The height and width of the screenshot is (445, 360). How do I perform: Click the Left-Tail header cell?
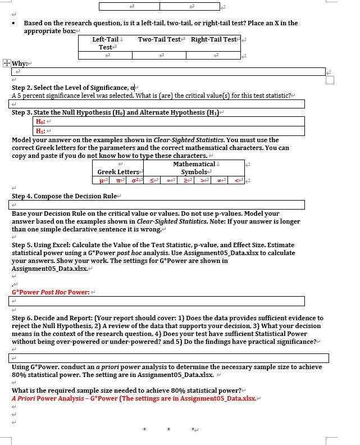pyautogui.click(x=106, y=43)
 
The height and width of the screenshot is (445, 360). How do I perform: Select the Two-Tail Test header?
pyautogui.click(x=160, y=39)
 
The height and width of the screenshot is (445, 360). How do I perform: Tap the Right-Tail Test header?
pyautogui.click(x=213, y=39)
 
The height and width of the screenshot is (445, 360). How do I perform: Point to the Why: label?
pyautogui.click(x=20, y=63)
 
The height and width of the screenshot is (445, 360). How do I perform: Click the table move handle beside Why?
pyautogui.click(x=6, y=63)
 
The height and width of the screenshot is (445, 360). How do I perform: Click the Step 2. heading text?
pyautogui.click(x=70, y=88)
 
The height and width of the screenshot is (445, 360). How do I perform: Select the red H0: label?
pyautogui.click(x=40, y=121)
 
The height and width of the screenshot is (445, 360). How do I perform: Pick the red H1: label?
pyautogui.click(x=40, y=131)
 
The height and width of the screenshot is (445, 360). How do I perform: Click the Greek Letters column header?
pyautogui.click(x=119, y=171)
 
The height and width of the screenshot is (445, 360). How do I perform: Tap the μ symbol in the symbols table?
pyautogui.click(x=102, y=180)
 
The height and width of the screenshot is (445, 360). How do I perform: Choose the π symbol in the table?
pyautogui.click(x=119, y=180)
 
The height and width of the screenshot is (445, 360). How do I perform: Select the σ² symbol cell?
pyautogui.click(x=135, y=180)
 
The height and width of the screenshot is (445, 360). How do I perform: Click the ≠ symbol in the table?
pyautogui.click(x=220, y=180)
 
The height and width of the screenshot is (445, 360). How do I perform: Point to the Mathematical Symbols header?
pyautogui.click(x=194, y=167)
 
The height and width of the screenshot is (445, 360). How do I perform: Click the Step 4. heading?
pyautogui.click(x=64, y=196)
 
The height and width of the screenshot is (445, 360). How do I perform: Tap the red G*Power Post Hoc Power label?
pyautogui.click(x=51, y=292)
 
